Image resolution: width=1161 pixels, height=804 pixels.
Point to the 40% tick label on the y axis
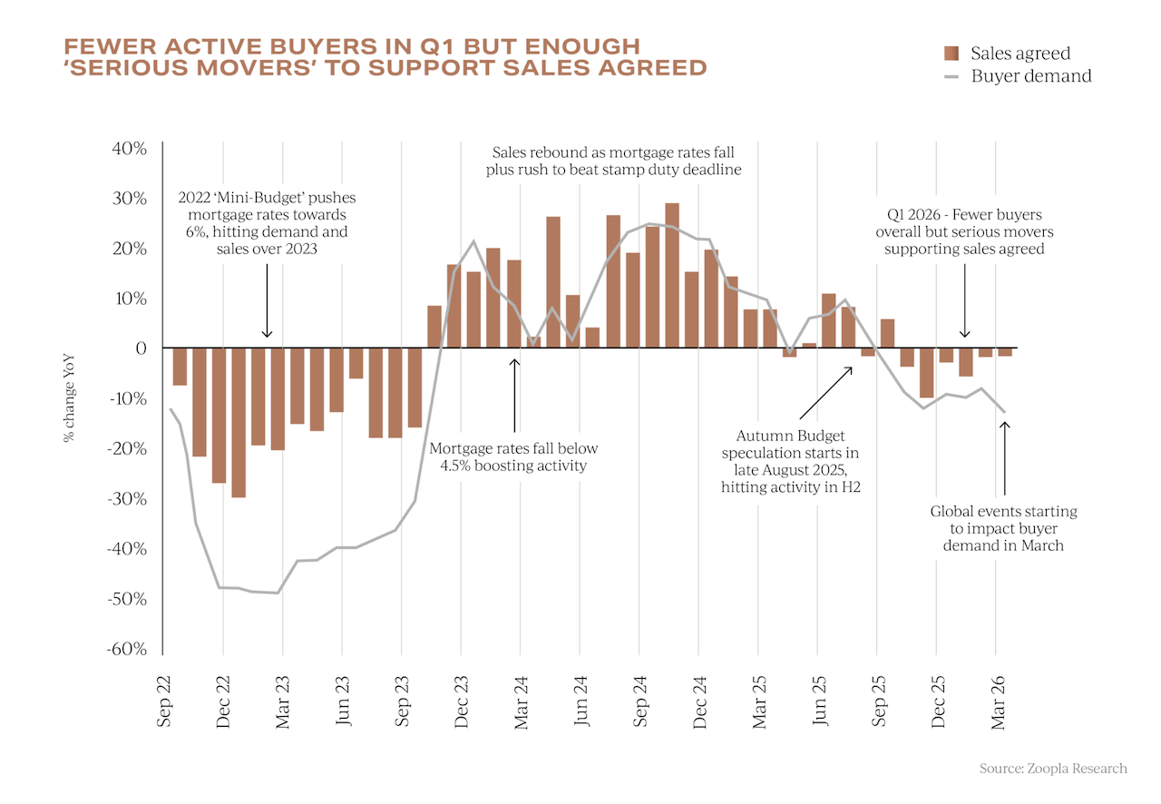click(129, 149)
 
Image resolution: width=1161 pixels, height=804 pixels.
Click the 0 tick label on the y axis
click(141, 348)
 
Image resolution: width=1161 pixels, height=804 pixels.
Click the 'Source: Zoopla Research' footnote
click(1053, 769)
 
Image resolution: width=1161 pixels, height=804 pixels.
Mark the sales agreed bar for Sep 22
click(180, 367)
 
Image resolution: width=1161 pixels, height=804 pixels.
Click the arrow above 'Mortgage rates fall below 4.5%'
click(514, 396)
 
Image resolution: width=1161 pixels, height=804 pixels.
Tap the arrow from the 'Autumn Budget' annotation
click(825, 393)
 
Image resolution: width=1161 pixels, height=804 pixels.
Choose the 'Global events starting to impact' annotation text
click(1003, 529)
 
